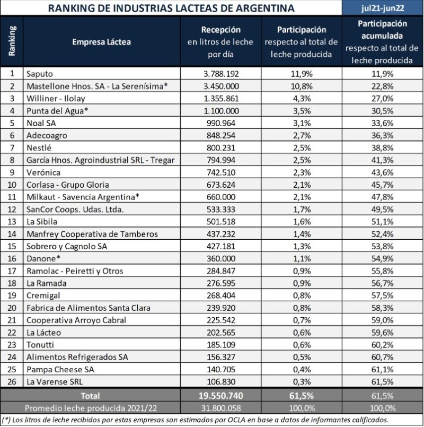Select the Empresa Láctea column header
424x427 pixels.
point(101,42)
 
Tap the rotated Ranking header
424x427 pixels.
point(12,41)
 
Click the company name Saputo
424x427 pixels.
point(40,74)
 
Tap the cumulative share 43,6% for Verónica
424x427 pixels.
point(382,172)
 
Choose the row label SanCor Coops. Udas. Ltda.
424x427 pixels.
point(75,210)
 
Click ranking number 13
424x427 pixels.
point(12,222)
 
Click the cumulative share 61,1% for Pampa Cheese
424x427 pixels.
point(382,369)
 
